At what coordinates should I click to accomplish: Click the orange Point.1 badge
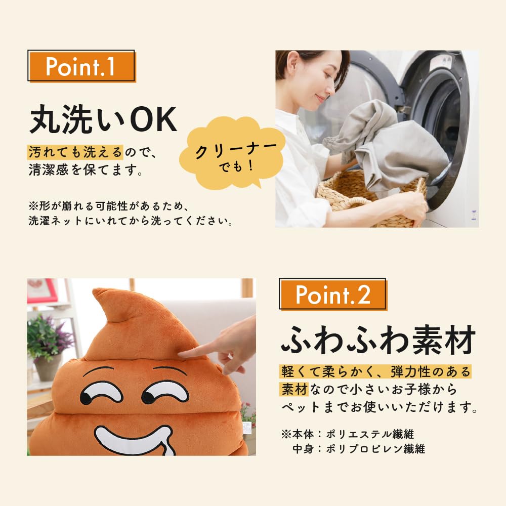point(81,67)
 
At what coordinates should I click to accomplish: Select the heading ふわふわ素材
point(378,341)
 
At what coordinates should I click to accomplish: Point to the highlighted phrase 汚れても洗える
point(75,151)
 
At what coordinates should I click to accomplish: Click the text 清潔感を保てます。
point(85,171)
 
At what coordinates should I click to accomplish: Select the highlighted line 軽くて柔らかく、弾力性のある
point(375,372)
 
